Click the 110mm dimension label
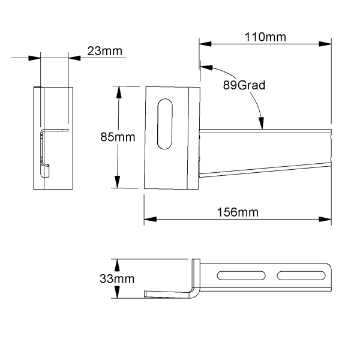click(265, 37)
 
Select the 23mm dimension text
click(104, 51)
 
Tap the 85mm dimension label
click(118, 137)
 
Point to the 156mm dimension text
click(238, 212)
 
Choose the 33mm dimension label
click(117, 279)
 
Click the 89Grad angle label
click(244, 85)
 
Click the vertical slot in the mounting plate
click(165, 124)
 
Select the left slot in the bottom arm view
click(241, 275)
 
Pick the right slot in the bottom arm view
click(301, 275)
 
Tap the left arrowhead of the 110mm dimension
click(205, 44)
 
